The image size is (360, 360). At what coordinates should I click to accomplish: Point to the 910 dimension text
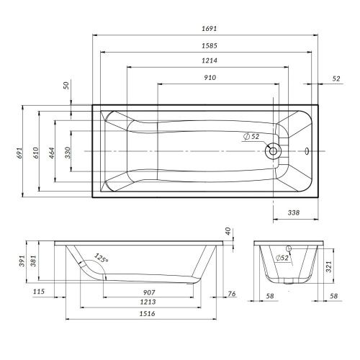(x=210, y=77)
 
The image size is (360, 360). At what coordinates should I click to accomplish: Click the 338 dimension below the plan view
(x=294, y=213)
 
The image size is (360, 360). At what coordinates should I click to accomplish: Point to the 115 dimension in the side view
(x=39, y=292)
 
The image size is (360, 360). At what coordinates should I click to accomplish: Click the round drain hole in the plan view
(x=274, y=151)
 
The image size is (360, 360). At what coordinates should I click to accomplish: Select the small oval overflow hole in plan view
(x=307, y=151)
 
